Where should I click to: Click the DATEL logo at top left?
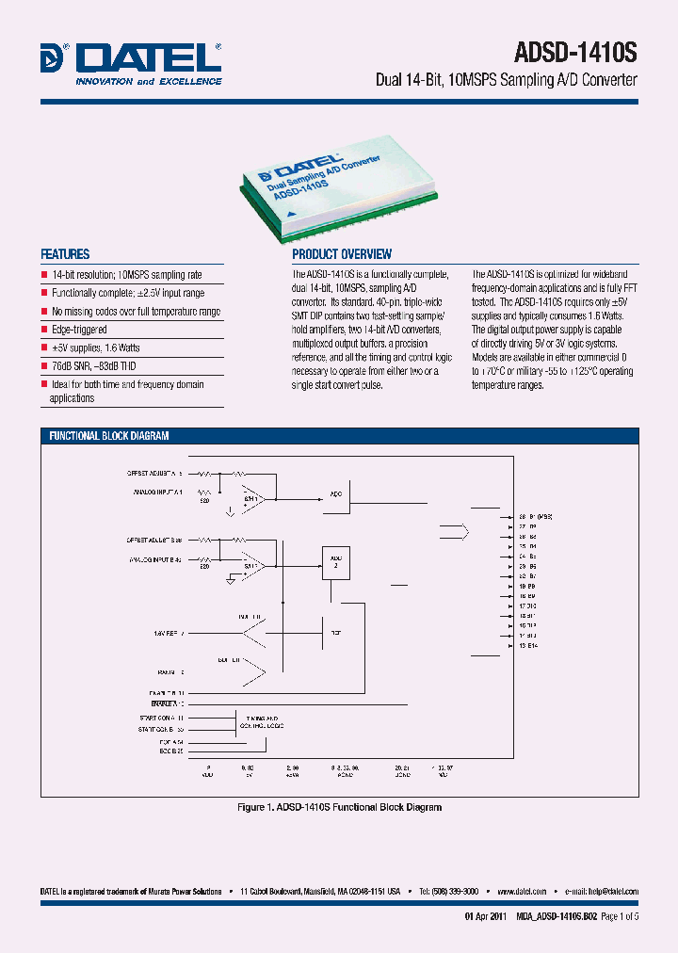[x=131, y=63]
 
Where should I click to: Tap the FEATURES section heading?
[x=65, y=254]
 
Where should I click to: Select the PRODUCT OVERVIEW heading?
[x=342, y=254]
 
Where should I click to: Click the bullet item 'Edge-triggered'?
[x=79, y=330]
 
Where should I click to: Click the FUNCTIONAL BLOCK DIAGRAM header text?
[x=109, y=436]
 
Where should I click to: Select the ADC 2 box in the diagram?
[x=336, y=561]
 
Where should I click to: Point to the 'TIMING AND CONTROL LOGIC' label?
[x=264, y=721]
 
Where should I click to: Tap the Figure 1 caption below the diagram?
[x=338, y=807]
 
